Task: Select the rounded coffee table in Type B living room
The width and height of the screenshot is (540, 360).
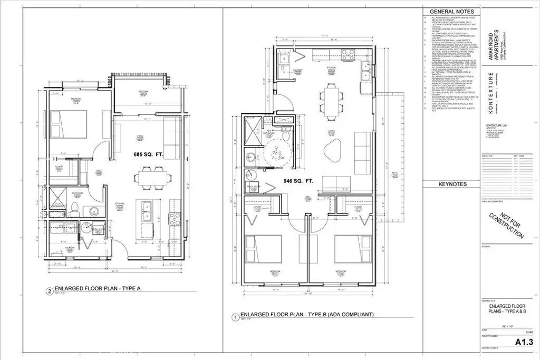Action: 333,150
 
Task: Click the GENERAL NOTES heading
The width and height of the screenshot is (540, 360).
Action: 451,11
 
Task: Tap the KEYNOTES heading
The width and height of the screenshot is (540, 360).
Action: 451,184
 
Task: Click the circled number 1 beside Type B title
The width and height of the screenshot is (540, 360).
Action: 235,318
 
